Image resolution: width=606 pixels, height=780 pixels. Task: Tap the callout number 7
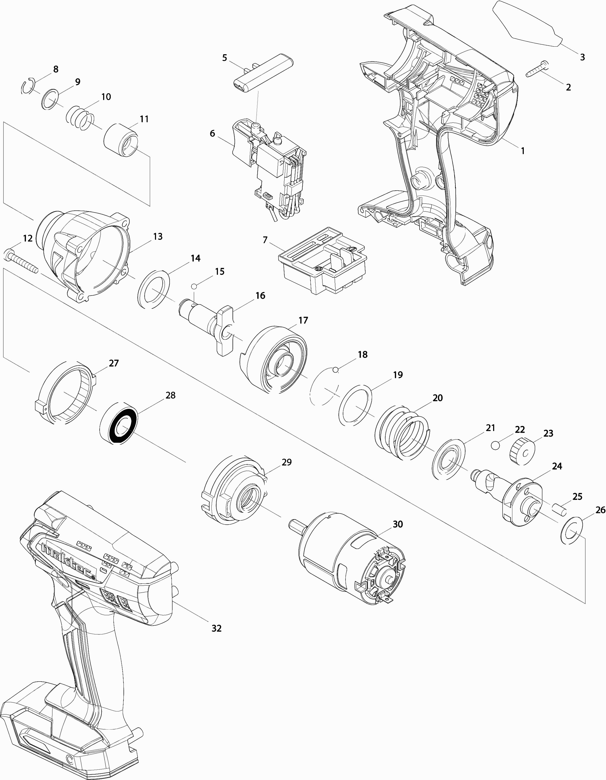pyautogui.click(x=265, y=240)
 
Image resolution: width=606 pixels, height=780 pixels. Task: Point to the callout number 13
pyautogui.click(x=157, y=236)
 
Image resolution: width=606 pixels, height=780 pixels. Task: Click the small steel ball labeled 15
pyautogui.click(x=194, y=286)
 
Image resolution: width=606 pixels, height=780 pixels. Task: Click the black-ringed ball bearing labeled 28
pyautogui.click(x=118, y=423)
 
